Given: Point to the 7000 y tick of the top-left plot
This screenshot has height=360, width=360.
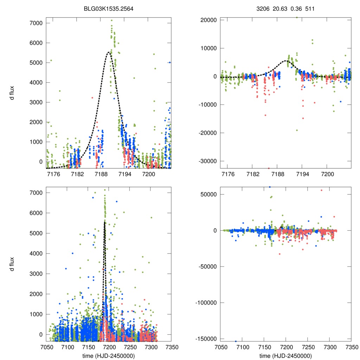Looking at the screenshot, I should pos(36,23).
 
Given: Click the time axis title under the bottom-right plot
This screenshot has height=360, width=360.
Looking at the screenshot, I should pos(285,355).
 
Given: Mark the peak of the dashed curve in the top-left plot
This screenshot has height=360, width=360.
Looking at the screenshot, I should pos(109,52).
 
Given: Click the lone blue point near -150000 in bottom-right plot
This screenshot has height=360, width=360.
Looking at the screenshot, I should pos(236,341).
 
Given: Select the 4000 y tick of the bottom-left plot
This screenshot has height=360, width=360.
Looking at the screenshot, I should pos(36,253).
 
